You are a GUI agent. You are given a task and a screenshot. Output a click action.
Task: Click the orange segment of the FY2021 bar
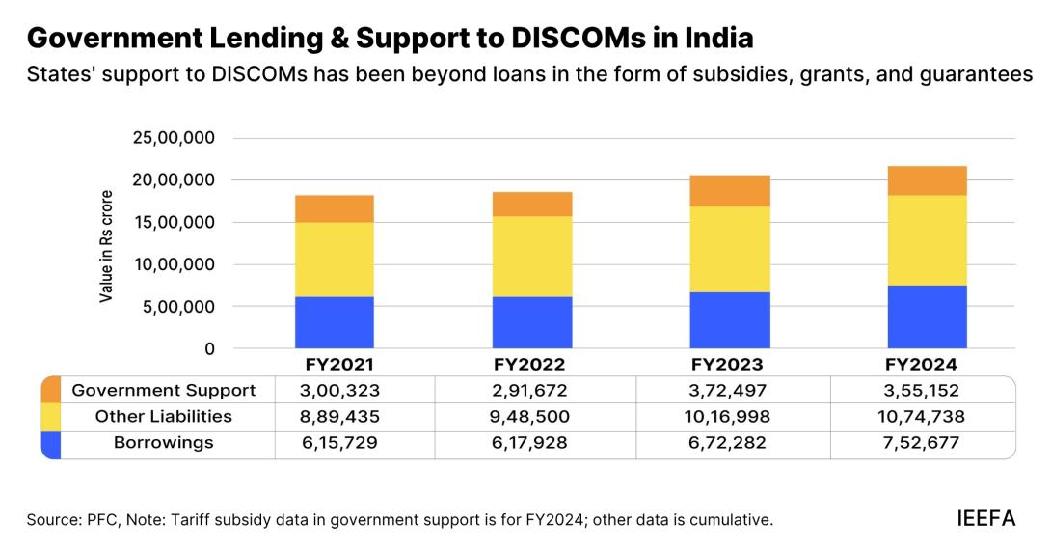(335, 208)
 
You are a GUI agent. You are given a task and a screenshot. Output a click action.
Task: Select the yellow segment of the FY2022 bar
(532, 256)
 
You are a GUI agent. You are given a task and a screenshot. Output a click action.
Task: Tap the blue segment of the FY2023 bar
(730, 319)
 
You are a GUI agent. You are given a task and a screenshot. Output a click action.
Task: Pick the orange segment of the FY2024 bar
(928, 180)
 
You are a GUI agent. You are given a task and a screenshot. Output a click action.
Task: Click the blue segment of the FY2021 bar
(335, 322)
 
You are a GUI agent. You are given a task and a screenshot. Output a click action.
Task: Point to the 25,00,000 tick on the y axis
(175, 138)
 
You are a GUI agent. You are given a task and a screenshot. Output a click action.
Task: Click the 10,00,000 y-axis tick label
(175, 264)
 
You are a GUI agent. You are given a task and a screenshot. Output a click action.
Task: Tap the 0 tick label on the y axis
(208, 348)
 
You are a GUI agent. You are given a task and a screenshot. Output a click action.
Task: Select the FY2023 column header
(729, 365)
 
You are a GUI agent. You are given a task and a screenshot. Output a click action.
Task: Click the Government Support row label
(164, 390)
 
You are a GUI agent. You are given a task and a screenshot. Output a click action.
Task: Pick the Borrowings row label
(164, 443)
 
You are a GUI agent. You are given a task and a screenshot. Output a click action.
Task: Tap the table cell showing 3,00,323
(354, 390)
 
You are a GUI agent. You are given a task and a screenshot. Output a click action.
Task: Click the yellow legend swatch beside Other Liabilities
(51, 417)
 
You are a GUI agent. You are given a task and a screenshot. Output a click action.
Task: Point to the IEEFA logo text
(985, 518)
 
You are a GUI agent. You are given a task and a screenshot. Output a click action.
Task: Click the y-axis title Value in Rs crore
(107, 246)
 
